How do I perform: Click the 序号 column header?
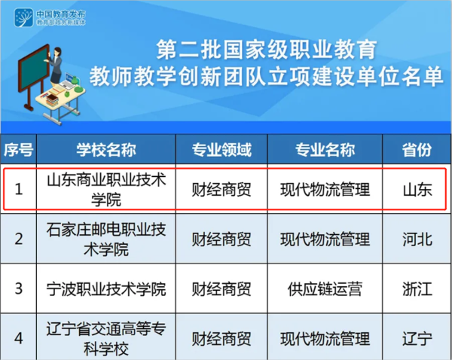click(x=18, y=150)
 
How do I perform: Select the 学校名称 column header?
click(x=106, y=150)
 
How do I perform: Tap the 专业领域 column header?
click(x=221, y=150)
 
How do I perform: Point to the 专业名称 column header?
click(x=325, y=150)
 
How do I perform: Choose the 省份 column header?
click(x=417, y=150)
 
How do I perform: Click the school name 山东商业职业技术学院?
click(x=106, y=189)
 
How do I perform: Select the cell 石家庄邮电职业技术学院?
click(x=106, y=239)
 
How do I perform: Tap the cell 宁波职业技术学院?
click(x=106, y=289)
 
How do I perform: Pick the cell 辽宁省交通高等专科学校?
click(x=106, y=339)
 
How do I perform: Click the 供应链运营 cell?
click(x=325, y=289)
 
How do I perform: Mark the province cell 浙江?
click(x=417, y=289)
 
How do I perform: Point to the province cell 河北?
click(x=417, y=239)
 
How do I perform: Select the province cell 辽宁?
click(x=417, y=339)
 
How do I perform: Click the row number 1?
click(x=19, y=189)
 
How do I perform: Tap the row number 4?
click(x=19, y=339)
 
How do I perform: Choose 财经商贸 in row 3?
click(x=221, y=289)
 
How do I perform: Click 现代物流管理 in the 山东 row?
click(x=325, y=189)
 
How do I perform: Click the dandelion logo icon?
click(x=23, y=17)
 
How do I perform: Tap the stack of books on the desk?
click(x=52, y=100)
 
